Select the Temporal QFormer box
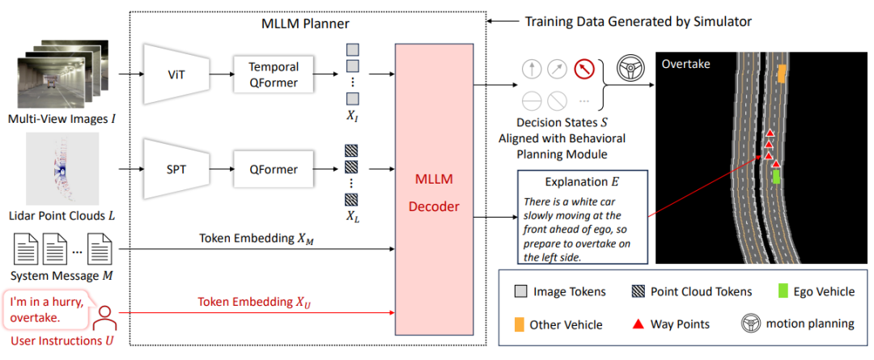pyautogui.click(x=273, y=74)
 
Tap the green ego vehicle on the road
pyautogui.click(x=777, y=176)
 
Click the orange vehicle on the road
pyautogui.click(x=781, y=74)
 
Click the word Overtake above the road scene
pyautogui.click(x=686, y=63)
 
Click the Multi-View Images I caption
pyautogui.click(x=62, y=120)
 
